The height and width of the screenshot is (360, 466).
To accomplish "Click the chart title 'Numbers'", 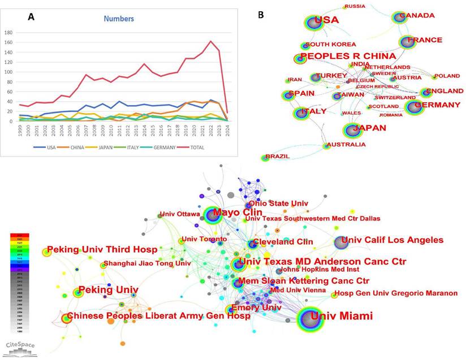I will pyautogui.click(x=119, y=19).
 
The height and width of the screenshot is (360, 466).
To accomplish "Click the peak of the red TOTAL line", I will pyautogui.click(x=211, y=41).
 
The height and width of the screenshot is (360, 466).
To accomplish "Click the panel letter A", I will pyautogui.click(x=32, y=17).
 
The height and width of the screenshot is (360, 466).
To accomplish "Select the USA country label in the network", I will pyautogui.click(x=326, y=21).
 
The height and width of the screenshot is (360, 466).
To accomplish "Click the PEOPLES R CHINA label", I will pyautogui.click(x=348, y=57).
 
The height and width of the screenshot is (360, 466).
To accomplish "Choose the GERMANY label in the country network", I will pyautogui.click(x=438, y=105).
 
